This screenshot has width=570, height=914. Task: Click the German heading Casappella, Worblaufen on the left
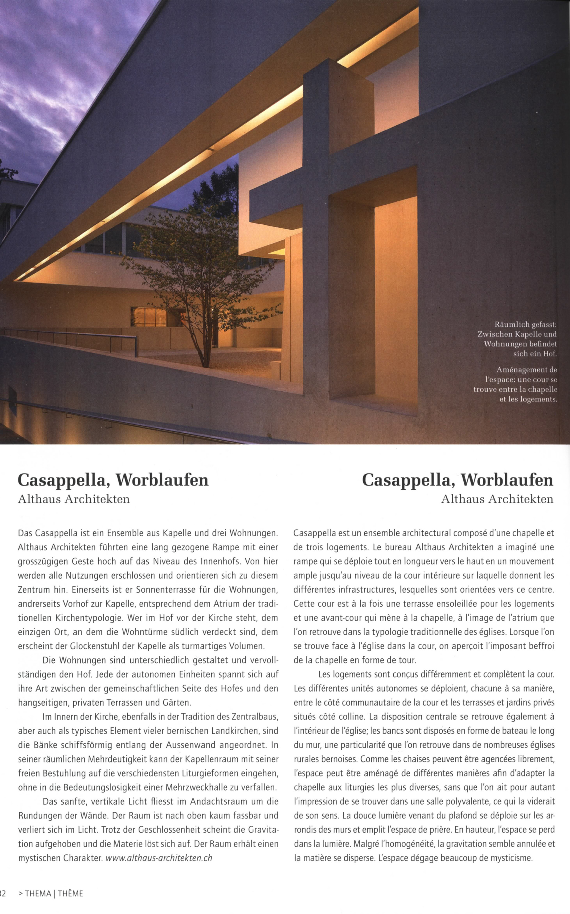(x=113, y=480)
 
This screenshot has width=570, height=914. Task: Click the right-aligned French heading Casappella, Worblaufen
(x=457, y=480)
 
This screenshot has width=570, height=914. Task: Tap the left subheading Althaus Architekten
(x=74, y=499)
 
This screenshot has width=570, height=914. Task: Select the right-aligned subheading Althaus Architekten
(x=497, y=499)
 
